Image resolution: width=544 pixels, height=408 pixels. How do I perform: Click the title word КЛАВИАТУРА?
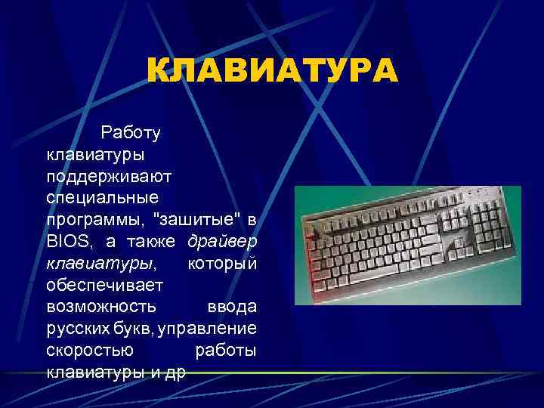coord(271,73)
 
